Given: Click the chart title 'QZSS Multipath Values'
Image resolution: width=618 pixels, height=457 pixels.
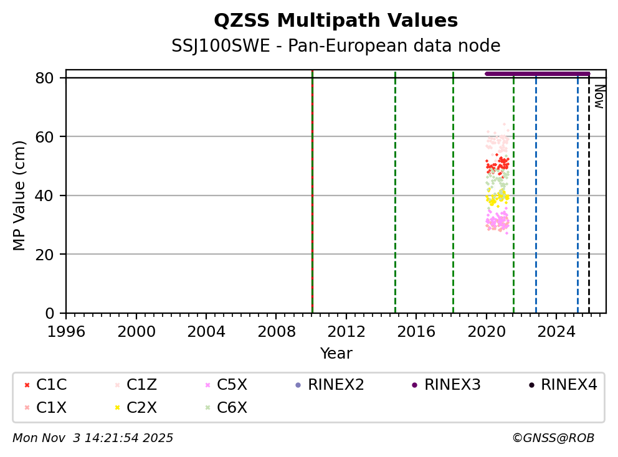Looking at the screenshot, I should pyautogui.click(x=336, y=21).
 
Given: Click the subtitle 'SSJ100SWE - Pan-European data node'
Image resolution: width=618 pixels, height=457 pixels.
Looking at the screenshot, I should pyautogui.click(x=336, y=46).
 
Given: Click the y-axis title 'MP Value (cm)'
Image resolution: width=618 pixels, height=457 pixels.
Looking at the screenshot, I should pyautogui.click(x=20, y=196).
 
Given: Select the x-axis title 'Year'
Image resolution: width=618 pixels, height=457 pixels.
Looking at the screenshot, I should pyautogui.click(x=336, y=354).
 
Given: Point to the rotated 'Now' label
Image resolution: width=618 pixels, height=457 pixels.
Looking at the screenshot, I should pyautogui.click(x=599, y=97).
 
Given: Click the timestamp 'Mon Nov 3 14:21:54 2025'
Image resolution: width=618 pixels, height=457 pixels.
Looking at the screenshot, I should pyautogui.click(x=93, y=438).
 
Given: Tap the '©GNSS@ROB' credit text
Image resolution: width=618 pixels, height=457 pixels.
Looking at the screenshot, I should pyautogui.click(x=553, y=438).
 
